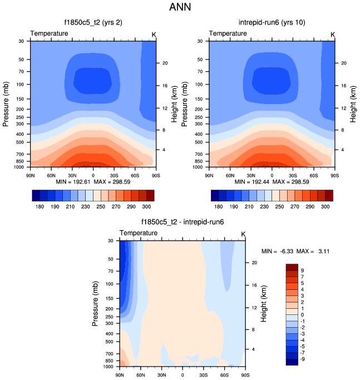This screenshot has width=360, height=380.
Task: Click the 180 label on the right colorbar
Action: point(219,206)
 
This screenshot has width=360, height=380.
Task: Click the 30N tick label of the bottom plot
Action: point(161,374)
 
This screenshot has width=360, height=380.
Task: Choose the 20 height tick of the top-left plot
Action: point(165,63)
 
